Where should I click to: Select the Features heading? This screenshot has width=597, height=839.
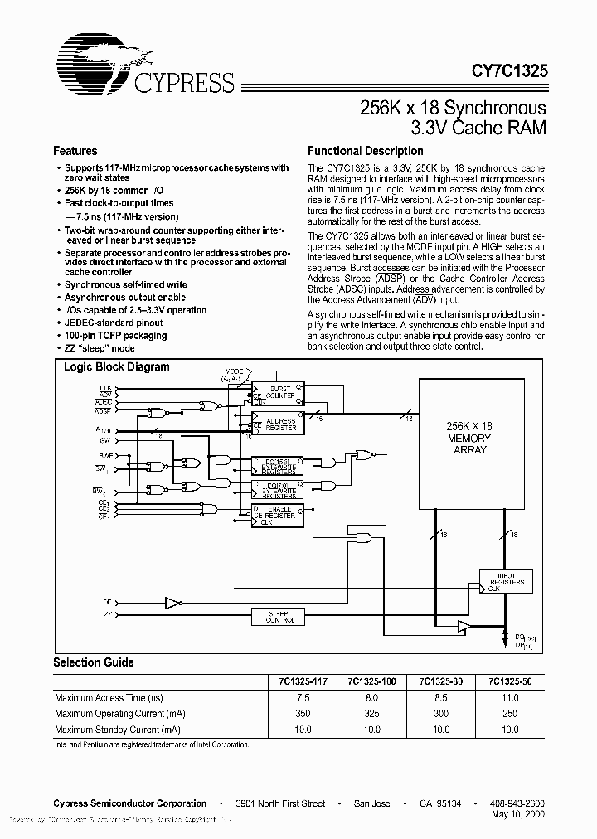pos(75,152)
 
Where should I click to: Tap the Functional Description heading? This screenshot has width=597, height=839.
pos(366,152)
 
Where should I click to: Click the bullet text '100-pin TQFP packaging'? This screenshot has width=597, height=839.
pos(116,336)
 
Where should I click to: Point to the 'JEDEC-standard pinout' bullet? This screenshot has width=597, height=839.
pos(114,323)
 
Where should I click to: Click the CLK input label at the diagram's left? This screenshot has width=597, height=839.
pos(105,388)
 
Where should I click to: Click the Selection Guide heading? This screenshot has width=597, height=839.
pos(94,662)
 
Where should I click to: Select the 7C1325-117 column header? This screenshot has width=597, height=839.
pos(303,681)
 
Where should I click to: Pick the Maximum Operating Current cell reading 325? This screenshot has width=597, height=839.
pos(371,714)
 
